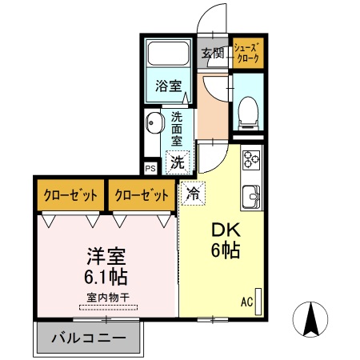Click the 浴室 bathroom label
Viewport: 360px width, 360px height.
pos(167,82)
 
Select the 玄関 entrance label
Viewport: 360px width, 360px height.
pos(212,54)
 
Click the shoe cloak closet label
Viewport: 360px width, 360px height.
pos(249,54)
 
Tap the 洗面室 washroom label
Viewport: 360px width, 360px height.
pos(178,128)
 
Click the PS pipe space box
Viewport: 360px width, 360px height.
pos(150,168)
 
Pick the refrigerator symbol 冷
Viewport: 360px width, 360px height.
pos(192,193)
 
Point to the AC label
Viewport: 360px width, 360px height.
pos(246,302)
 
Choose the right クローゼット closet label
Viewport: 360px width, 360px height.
pos(142,195)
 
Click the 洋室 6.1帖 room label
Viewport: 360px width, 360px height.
pos(106,267)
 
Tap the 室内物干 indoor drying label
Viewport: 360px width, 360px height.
pos(106,298)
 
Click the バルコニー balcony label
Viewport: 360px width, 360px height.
pos(88,338)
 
